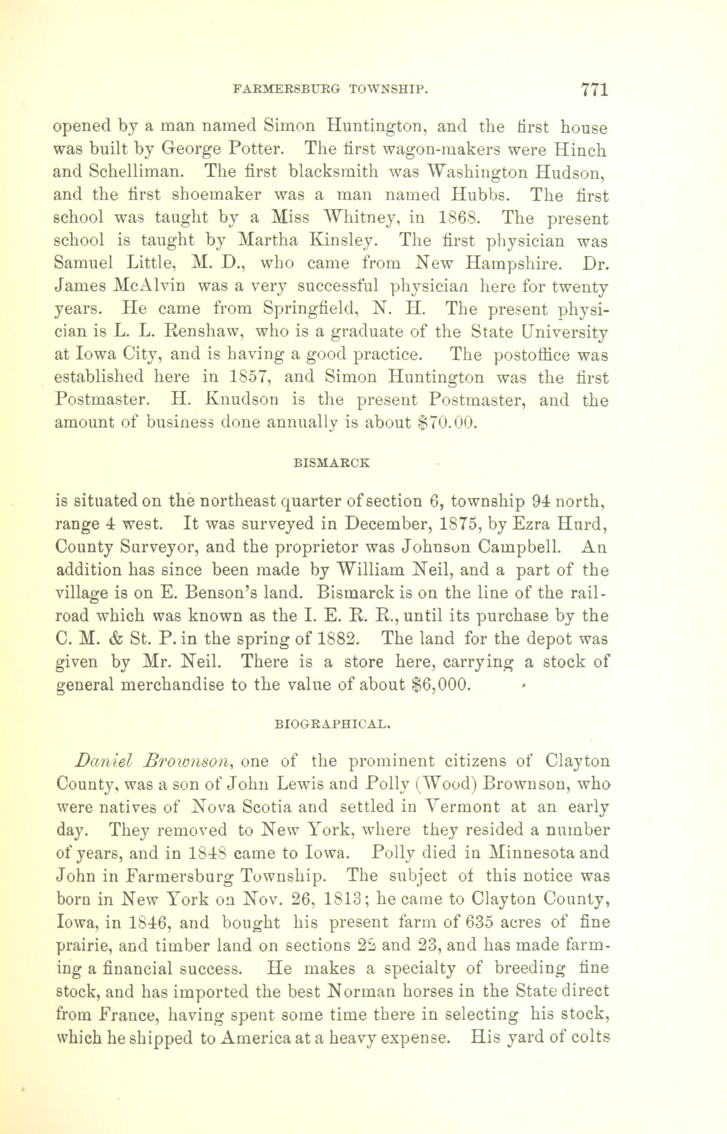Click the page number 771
point(593,89)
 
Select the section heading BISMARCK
point(331,463)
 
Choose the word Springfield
point(312,309)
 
